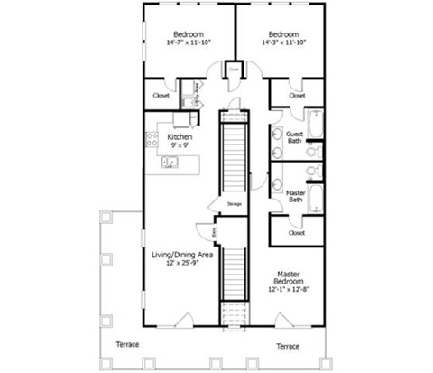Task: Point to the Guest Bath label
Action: pyautogui.click(x=295, y=138)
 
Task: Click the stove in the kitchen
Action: pyautogui.click(x=152, y=140)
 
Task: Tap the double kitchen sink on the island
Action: pyautogui.click(x=170, y=163)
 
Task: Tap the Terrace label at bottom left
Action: pyautogui.click(x=126, y=345)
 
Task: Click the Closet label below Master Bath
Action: pyautogui.click(x=296, y=232)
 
